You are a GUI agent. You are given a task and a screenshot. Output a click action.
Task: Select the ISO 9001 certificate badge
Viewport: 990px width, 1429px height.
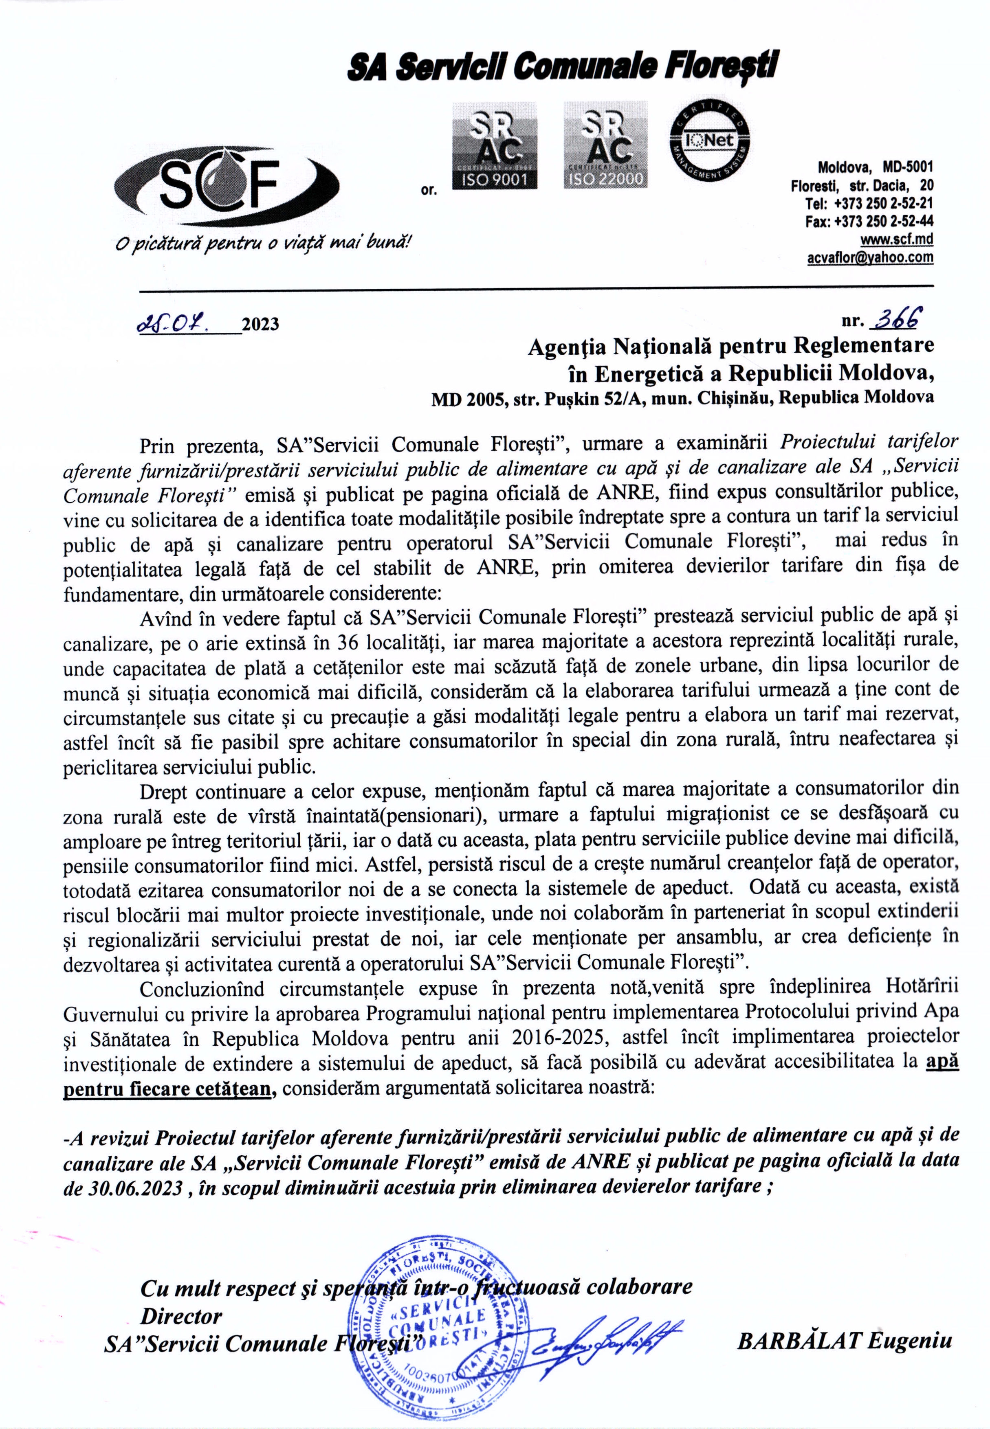pos(494,145)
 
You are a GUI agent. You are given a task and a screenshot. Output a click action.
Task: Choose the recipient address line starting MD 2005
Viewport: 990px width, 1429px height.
pos(682,398)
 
